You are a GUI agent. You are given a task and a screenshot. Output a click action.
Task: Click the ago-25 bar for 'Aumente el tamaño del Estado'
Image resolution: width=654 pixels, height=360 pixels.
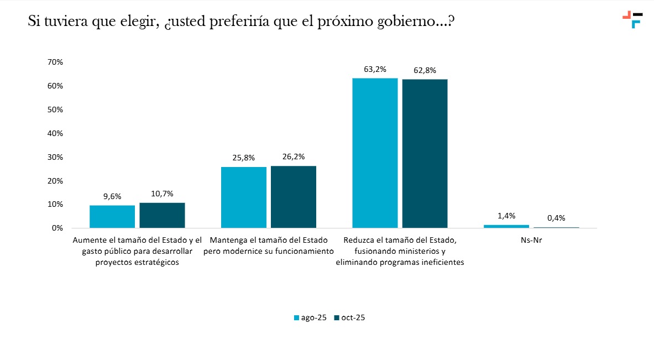pyautogui.click(x=112, y=216)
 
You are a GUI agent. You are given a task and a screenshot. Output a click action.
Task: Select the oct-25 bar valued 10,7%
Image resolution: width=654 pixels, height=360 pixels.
pyautogui.click(x=162, y=215)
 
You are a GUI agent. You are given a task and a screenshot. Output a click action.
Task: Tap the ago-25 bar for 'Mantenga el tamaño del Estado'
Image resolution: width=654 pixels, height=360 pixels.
pyautogui.click(x=243, y=197)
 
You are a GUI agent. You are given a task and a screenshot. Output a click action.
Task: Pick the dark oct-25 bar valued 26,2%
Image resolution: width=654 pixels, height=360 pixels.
pyautogui.click(x=294, y=197)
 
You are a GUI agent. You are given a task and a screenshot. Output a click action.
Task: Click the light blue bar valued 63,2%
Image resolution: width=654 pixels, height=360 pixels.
pyautogui.click(x=375, y=153)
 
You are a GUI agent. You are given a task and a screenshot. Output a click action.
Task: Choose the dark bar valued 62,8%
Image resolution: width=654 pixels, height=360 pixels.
pyautogui.click(x=425, y=154)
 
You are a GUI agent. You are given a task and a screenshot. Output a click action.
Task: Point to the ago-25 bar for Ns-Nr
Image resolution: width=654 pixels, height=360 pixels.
pyautogui.click(x=506, y=226)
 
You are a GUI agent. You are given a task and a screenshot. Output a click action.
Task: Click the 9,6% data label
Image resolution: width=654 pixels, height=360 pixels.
pyautogui.click(x=112, y=196)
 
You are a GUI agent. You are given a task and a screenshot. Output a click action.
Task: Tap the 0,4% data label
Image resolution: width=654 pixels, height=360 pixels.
pyautogui.click(x=556, y=218)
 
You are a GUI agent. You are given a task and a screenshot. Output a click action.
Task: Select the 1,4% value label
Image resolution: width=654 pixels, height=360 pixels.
pyautogui.click(x=506, y=216)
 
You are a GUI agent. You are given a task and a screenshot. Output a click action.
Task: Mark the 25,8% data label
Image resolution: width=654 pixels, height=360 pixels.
pyautogui.click(x=243, y=158)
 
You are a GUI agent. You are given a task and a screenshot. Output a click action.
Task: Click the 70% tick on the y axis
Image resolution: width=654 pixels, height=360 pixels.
pyautogui.click(x=55, y=62)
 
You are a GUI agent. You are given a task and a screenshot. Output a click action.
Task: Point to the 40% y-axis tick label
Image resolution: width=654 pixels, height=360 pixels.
pyautogui.click(x=55, y=133)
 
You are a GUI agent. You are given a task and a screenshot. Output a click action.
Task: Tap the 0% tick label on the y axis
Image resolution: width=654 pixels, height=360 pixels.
pyautogui.click(x=57, y=228)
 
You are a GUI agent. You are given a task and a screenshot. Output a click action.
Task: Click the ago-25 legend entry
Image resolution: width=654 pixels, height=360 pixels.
pyautogui.click(x=310, y=317)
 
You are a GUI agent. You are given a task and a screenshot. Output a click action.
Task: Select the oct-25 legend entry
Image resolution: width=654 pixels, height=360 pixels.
pyautogui.click(x=349, y=317)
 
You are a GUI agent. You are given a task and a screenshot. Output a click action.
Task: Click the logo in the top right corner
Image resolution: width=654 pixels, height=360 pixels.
pyautogui.click(x=632, y=19)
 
